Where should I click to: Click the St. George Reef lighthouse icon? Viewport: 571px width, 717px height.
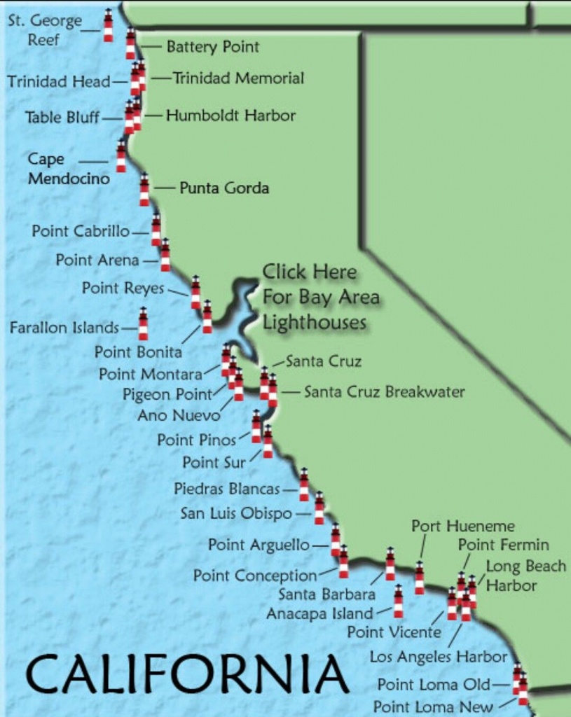108,25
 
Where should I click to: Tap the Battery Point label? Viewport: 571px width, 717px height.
212,47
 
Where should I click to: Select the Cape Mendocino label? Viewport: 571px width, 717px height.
69,169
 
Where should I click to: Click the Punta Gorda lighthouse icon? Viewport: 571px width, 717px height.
144,190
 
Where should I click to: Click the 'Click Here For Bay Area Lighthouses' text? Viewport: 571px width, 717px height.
320,297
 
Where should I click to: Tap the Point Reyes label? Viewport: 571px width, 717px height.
123,288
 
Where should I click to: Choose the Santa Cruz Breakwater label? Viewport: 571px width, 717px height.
384,392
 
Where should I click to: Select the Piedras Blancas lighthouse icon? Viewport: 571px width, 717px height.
303,485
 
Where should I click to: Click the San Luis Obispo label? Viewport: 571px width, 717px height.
236,513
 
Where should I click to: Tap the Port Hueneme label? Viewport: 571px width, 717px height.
462,526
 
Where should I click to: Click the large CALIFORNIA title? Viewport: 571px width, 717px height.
187,674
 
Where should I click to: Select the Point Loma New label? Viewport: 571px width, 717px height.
433,706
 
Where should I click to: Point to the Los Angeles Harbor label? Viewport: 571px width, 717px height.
438,657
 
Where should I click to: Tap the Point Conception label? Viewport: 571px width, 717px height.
255,576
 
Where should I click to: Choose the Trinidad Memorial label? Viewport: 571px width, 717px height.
238,78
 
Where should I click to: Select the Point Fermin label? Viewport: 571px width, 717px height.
503,545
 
